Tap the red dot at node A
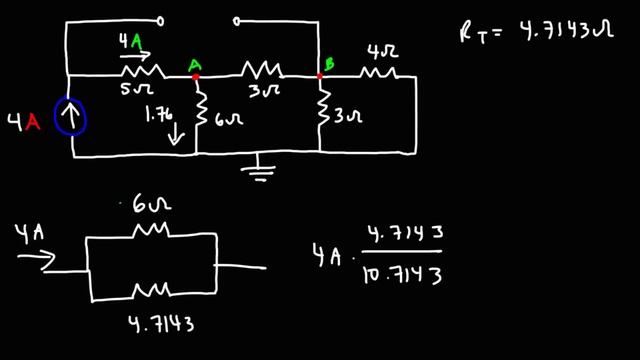tap(196, 74)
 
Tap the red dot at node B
tap(320, 74)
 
